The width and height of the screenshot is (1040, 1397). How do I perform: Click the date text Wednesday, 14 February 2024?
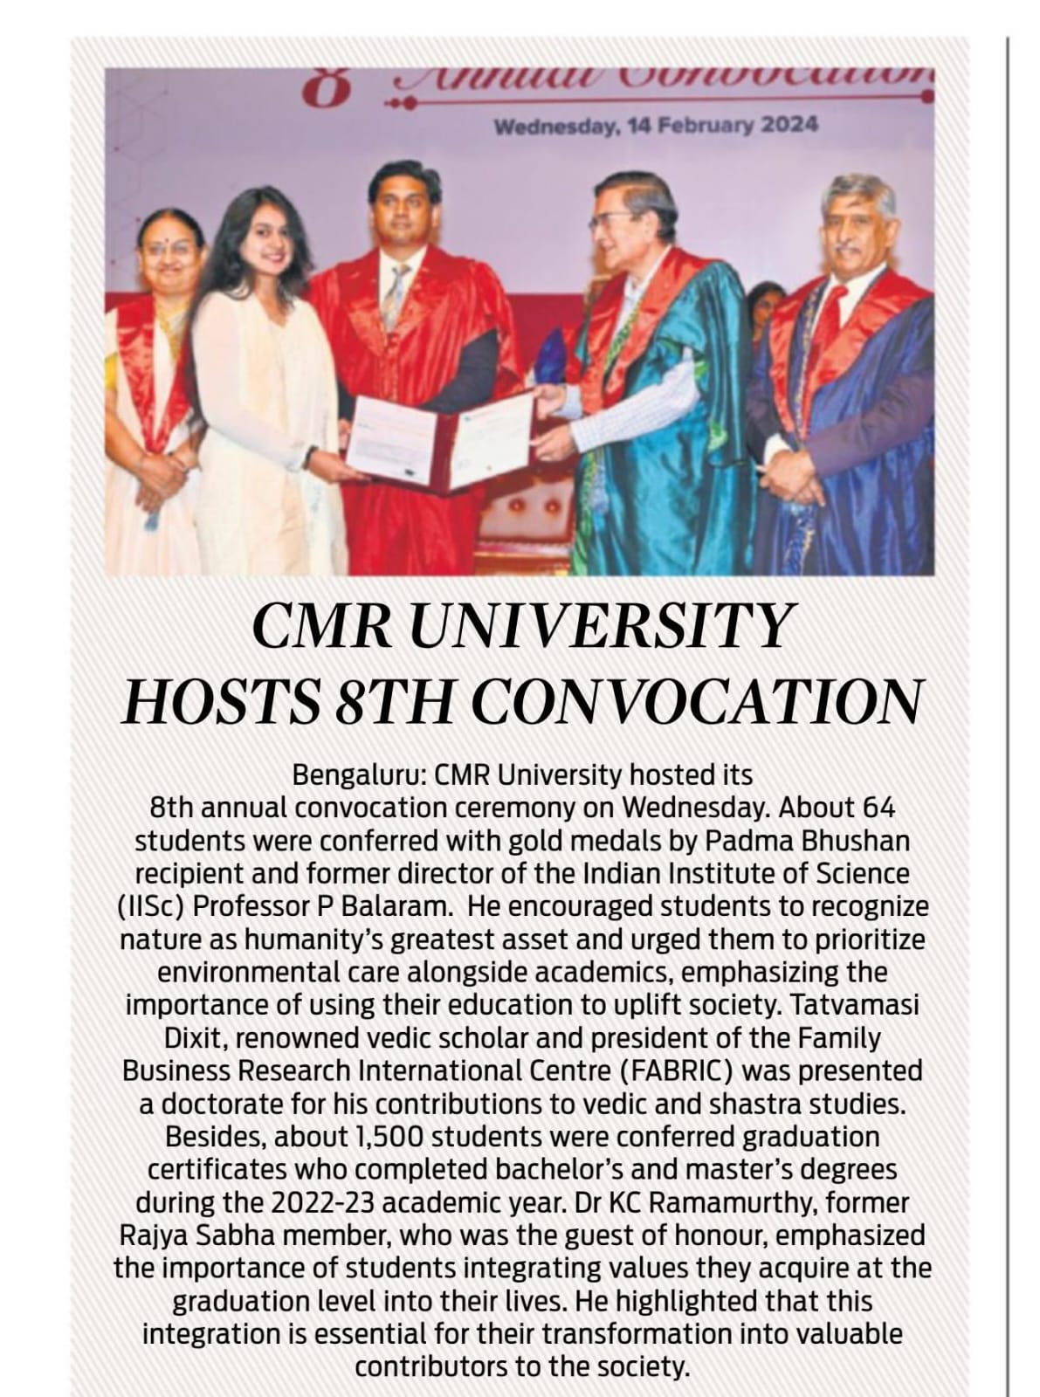coord(656,126)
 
